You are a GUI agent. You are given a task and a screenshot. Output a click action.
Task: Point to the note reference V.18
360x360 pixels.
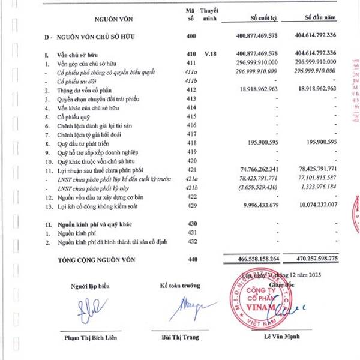coord(210,53)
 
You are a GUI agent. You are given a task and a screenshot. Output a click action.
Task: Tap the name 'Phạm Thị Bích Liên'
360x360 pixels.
coord(92,337)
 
